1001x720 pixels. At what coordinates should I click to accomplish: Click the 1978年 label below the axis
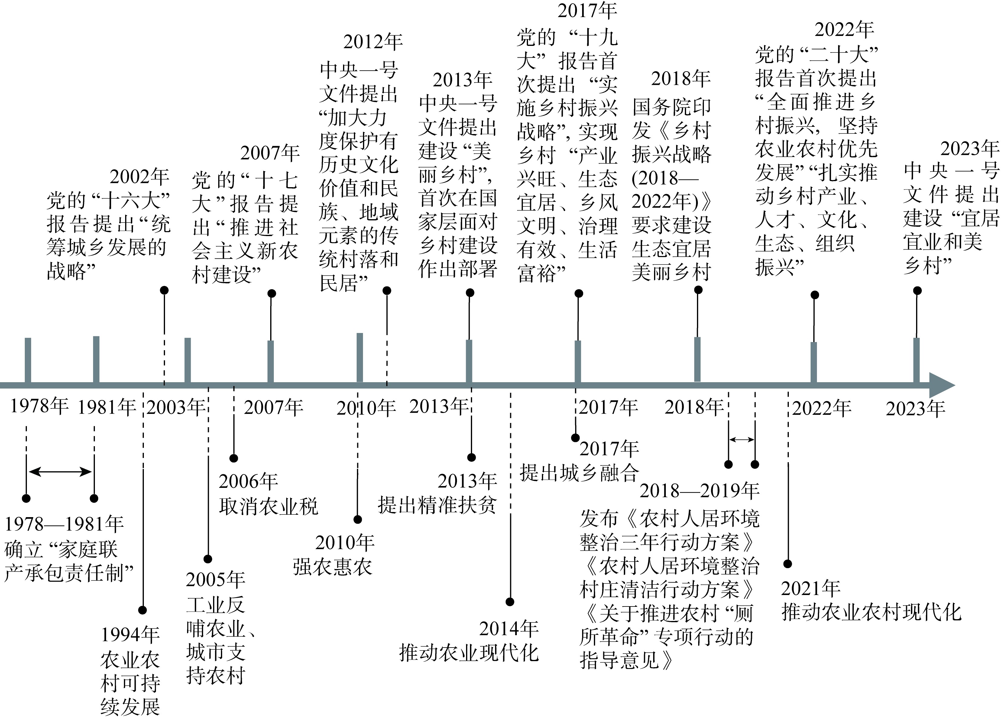[39, 406]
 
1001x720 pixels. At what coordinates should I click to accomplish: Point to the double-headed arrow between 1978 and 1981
[60, 472]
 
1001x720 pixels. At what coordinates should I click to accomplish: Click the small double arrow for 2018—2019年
[741, 439]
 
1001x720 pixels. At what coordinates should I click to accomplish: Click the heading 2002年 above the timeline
[139, 177]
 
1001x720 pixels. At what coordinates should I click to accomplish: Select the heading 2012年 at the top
[373, 42]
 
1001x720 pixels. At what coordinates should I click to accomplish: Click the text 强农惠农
[332, 567]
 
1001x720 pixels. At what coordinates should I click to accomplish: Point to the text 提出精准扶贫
[437, 505]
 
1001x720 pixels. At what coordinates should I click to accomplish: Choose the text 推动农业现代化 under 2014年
[469, 653]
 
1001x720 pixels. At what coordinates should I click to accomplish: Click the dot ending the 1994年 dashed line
[142, 610]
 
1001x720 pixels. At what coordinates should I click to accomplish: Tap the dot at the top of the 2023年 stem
[917, 290]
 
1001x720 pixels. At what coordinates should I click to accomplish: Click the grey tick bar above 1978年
[28, 360]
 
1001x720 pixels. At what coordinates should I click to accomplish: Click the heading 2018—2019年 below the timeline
[700, 490]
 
